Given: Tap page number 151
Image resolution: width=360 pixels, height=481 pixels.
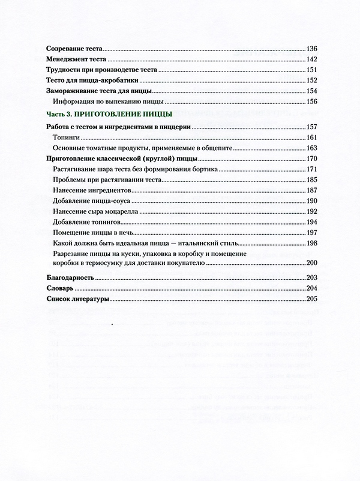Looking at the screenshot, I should [x=311, y=71].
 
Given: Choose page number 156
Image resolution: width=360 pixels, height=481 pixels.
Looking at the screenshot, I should [x=311, y=102].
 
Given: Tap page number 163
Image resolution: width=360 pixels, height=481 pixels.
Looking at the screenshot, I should [x=311, y=148].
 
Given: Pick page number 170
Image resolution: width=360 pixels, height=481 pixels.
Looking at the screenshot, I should [x=311, y=159].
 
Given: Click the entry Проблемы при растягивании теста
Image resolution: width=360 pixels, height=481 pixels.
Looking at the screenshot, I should [x=104, y=180].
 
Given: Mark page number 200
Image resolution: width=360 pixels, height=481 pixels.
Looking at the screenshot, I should [x=311, y=262].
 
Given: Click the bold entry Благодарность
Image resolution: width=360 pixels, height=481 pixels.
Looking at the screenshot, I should [x=70, y=278].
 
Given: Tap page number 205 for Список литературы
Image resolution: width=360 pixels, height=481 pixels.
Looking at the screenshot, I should [x=311, y=299].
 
